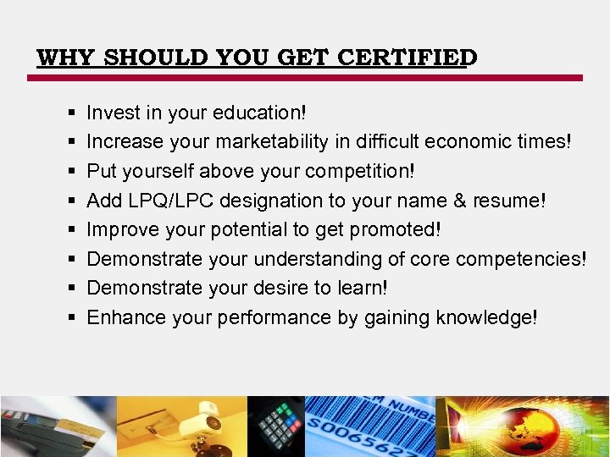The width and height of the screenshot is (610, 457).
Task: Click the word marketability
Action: [x=269, y=141]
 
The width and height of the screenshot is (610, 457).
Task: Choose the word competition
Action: [x=359, y=171]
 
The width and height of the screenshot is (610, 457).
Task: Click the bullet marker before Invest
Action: [x=70, y=113]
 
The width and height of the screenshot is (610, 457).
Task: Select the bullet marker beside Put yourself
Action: [x=70, y=171]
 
